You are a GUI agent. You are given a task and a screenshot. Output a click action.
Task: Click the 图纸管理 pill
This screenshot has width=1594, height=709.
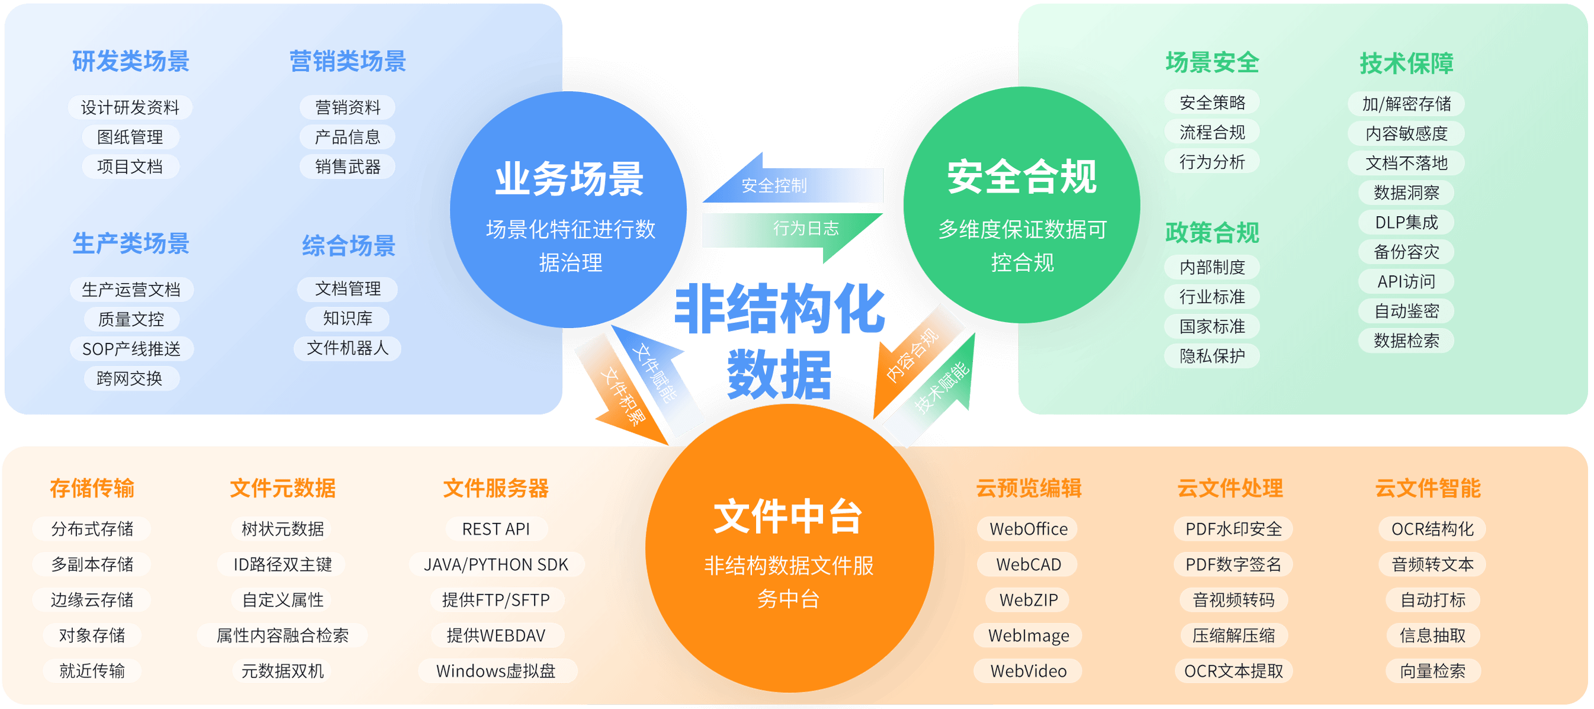pyautogui.click(x=130, y=137)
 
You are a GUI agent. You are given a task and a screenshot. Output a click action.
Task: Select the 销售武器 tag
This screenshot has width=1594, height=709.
pyautogui.click(x=347, y=166)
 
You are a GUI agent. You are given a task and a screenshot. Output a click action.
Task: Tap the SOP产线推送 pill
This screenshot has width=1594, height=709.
pyautogui.click(x=131, y=349)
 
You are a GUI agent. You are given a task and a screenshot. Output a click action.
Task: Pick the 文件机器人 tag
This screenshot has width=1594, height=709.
pyautogui.click(x=347, y=348)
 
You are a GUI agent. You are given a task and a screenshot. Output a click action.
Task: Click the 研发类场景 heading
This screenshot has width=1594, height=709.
pyautogui.click(x=130, y=61)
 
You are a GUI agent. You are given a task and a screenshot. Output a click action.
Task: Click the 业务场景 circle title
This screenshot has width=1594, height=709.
pyautogui.click(x=569, y=179)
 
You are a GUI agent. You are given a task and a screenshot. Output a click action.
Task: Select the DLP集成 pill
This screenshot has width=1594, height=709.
pyautogui.click(x=1406, y=222)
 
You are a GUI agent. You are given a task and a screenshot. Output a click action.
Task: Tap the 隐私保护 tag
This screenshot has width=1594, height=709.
pyautogui.click(x=1212, y=356)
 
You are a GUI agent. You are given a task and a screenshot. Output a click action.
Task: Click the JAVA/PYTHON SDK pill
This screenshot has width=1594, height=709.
pyautogui.click(x=495, y=564)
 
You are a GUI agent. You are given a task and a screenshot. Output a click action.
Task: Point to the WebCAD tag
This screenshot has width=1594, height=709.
pyautogui.click(x=1028, y=564)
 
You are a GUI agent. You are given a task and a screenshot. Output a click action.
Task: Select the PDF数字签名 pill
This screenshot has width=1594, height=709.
pyautogui.click(x=1233, y=564)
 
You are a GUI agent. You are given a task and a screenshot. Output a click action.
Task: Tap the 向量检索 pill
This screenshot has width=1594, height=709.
pyautogui.click(x=1432, y=670)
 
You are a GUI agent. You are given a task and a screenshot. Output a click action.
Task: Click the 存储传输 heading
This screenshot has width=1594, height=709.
pyautogui.click(x=92, y=488)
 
